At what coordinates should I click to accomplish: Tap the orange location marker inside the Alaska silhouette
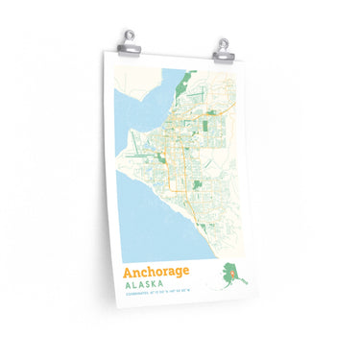tap(231, 275)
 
